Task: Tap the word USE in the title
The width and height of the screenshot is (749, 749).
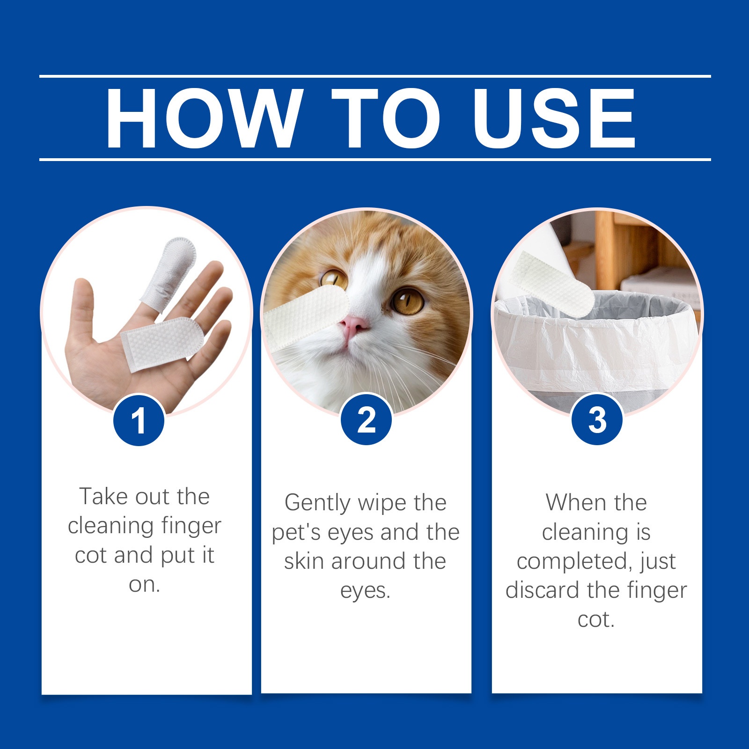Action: (554, 118)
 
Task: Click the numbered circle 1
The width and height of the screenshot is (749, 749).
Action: (139, 420)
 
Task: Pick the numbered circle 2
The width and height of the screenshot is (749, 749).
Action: (366, 419)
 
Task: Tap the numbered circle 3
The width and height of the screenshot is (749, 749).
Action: (597, 419)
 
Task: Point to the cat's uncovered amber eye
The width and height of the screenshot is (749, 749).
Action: (407, 301)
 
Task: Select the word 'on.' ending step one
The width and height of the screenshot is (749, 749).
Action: (145, 585)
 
